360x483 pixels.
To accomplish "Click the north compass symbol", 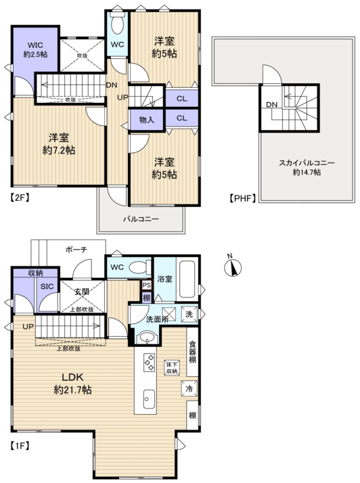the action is tap(233, 267).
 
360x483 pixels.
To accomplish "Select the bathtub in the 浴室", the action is tap(187, 279).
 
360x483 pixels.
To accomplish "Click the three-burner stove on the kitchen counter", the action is tap(149, 363).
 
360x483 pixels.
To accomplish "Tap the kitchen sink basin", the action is tap(149, 399).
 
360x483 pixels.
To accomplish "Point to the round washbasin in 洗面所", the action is tap(147, 338).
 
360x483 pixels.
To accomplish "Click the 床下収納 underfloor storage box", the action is tap(172, 367).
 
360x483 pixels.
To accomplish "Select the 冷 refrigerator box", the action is tap(189, 389).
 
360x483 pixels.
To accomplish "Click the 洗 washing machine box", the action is tap(189, 314).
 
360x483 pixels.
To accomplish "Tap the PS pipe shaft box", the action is tap(147, 285).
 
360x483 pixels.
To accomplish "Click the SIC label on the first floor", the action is tap(47, 286).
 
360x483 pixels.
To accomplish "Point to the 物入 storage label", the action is tap(146, 120).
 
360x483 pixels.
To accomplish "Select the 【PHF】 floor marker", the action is tap(243, 198).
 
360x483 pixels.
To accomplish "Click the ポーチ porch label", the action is tap(76, 250).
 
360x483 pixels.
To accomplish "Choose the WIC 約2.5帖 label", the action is tap(35, 50).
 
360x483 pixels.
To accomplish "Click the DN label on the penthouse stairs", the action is tap(272, 104).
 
